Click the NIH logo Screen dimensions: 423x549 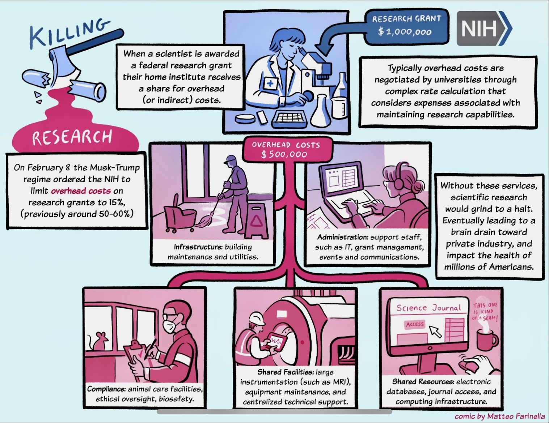pyautogui.click(x=484, y=29)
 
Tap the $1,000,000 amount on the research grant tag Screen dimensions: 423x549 pyautogui.click(x=405, y=32)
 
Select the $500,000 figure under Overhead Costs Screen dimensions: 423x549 pyautogui.click(x=284, y=155)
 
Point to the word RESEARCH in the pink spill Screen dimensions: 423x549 pyautogui.click(x=72, y=137)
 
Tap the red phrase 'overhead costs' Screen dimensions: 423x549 pyautogui.click(x=81, y=191)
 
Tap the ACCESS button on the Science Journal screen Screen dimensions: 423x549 pyautogui.click(x=415, y=324)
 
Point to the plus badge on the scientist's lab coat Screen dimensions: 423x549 pyautogui.click(x=270, y=83)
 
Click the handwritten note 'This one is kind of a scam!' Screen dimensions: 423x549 pyautogui.click(x=486, y=312)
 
